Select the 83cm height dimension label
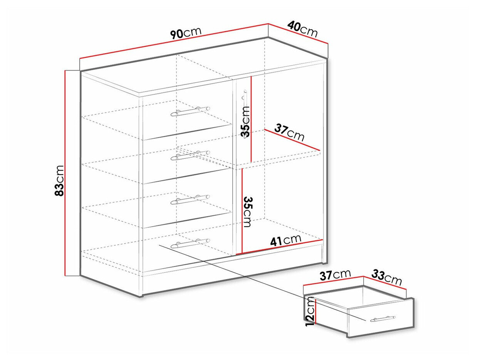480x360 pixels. (x=59, y=180)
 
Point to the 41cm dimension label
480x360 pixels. (x=285, y=240)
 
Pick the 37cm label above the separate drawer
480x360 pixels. (x=335, y=275)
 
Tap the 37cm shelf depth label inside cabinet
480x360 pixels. (x=289, y=132)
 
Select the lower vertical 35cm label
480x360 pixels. (x=248, y=212)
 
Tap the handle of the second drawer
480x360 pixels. (x=190, y=155)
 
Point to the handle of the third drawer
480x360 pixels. (x=190, y=199)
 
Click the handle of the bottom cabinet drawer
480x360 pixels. (x=190, y=243)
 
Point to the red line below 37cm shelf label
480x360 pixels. (x=292, y=140)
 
